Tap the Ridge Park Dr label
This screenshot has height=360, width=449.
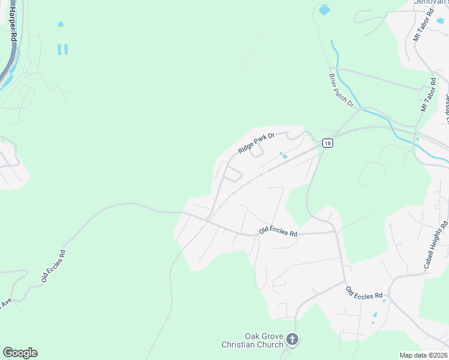256,143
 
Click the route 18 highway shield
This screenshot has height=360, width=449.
327,143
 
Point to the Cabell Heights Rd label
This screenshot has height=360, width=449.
436,245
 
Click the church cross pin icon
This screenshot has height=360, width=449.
292,340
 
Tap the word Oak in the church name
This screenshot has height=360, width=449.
253,336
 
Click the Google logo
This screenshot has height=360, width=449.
20,353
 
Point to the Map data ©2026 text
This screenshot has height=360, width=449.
424,355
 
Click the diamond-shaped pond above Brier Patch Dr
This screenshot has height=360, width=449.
325,10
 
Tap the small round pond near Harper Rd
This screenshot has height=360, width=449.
60,25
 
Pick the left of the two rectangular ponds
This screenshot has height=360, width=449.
59,49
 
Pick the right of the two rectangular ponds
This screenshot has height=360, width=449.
65,49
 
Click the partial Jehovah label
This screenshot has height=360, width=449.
431,2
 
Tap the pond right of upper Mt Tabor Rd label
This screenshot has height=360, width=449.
440,20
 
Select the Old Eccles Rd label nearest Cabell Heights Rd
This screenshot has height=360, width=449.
364,293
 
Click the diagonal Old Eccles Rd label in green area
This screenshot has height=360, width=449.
53,266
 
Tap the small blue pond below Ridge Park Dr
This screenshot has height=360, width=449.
285,157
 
